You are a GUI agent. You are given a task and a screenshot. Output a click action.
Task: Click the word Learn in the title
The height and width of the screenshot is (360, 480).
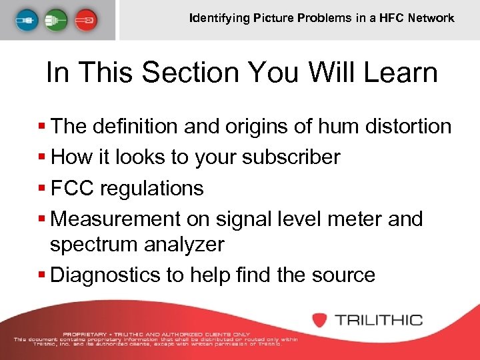(405, 73)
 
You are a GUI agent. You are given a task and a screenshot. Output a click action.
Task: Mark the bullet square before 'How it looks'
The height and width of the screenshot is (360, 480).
(43, 158)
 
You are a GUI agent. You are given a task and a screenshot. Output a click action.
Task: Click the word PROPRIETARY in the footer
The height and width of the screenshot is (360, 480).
(84, 333)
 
